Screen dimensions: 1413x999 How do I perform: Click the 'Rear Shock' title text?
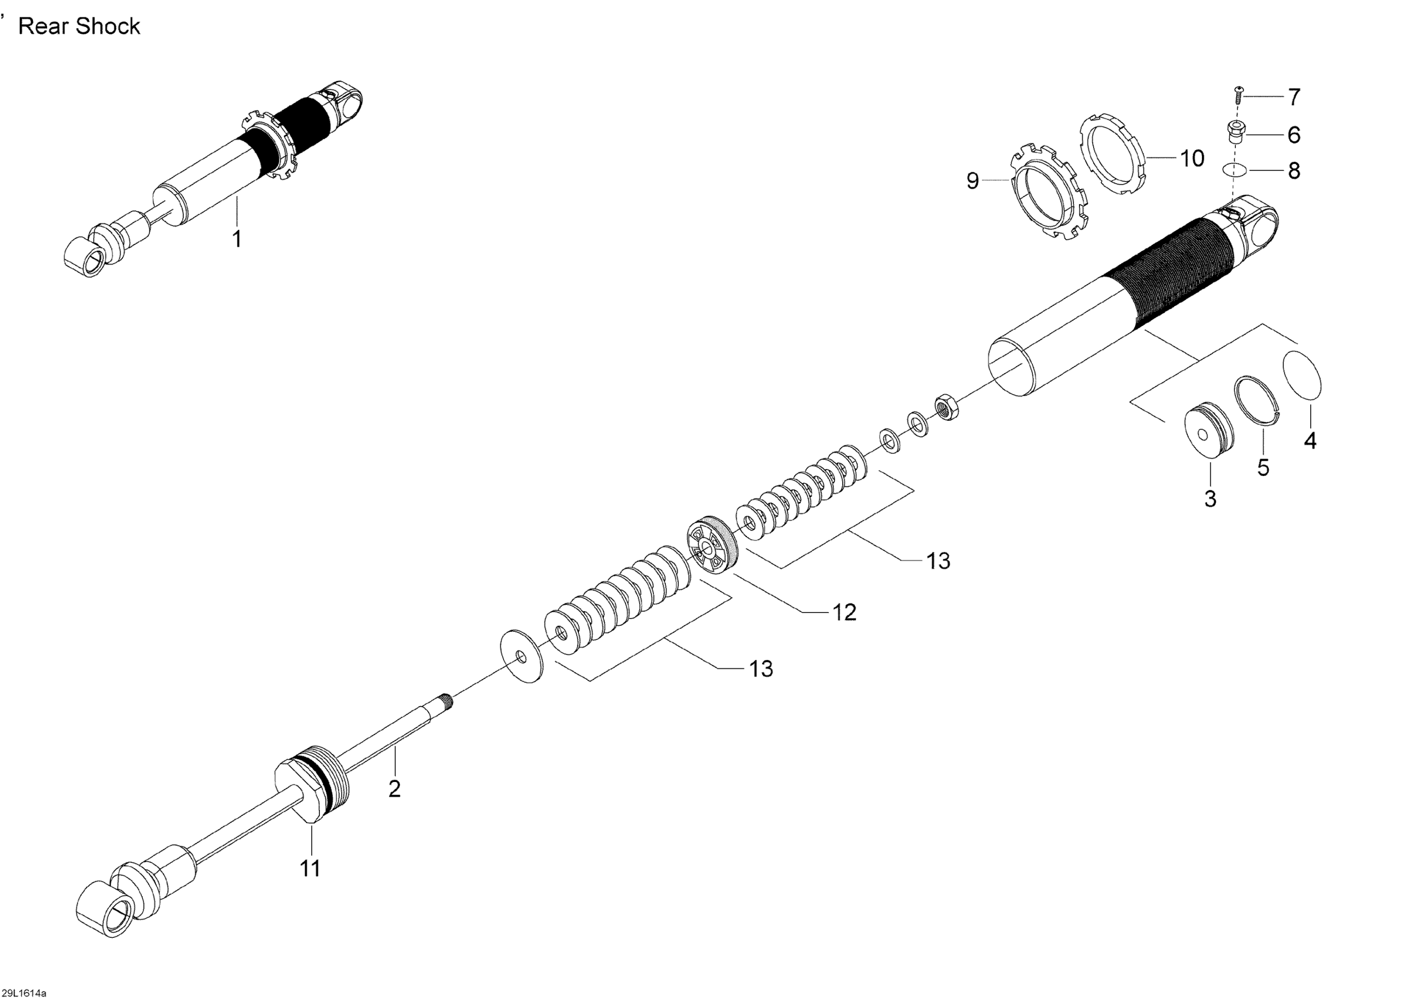pyautogui.click(x=80, y=26)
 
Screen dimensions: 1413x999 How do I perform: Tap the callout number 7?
pyautogui.click(x=1294, y=97)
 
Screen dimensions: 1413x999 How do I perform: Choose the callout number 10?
pyautogui.click(x=1192, y=158)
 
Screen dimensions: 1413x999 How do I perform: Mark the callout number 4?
pyautogui.click(x=1310, y=441)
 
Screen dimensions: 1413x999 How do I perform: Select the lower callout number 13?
pyautogui.click(x=761, y=668)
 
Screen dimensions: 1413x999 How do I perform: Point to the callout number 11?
pyautogui.click(x=310, y=869)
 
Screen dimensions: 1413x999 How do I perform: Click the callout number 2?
pyautogui.click(x=395, y=789)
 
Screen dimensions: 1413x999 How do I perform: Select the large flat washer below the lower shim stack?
pyautogui.click(x=522, y=656)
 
